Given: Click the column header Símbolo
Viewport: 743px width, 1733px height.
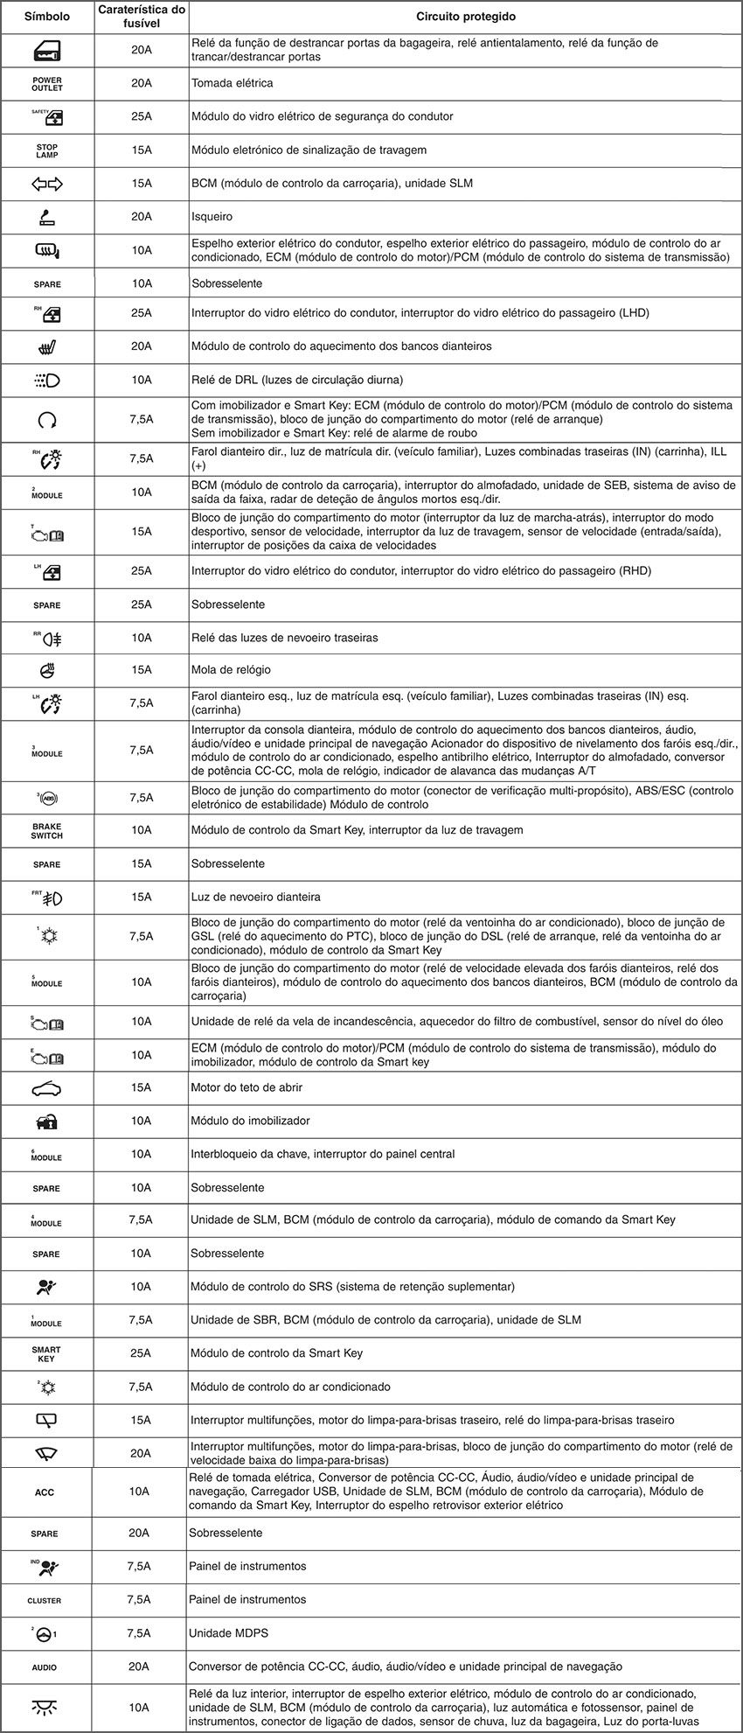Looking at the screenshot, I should point(47,17).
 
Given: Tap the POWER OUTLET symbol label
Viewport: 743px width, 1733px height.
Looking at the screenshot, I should point(47,83).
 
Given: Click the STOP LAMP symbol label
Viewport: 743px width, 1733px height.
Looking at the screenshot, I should point(47,150).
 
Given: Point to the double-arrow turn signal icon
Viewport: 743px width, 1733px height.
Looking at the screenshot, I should point(47,184).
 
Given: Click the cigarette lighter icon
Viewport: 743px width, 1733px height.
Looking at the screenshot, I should point(47,216).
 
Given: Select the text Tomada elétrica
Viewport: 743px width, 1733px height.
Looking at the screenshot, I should point(233,83).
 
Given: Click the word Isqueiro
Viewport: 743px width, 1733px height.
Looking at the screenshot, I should point(212,216).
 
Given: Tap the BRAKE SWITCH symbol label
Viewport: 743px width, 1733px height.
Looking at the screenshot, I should point(47,830).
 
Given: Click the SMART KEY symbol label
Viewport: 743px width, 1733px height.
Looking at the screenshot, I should point(47,1353).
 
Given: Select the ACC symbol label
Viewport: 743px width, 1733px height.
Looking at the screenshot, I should point(45,1492).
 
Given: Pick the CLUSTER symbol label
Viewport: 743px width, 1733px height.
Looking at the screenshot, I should point(45,1600).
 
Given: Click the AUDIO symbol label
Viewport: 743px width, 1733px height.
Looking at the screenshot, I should point(45,1667).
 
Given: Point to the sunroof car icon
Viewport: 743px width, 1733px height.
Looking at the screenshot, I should point(47,1088).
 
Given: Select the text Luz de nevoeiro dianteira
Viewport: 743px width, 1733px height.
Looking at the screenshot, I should point(255,897).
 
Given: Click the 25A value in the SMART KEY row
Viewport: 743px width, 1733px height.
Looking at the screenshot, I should point(142,1353).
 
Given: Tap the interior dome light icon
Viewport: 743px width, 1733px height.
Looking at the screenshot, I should point(45,1707).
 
